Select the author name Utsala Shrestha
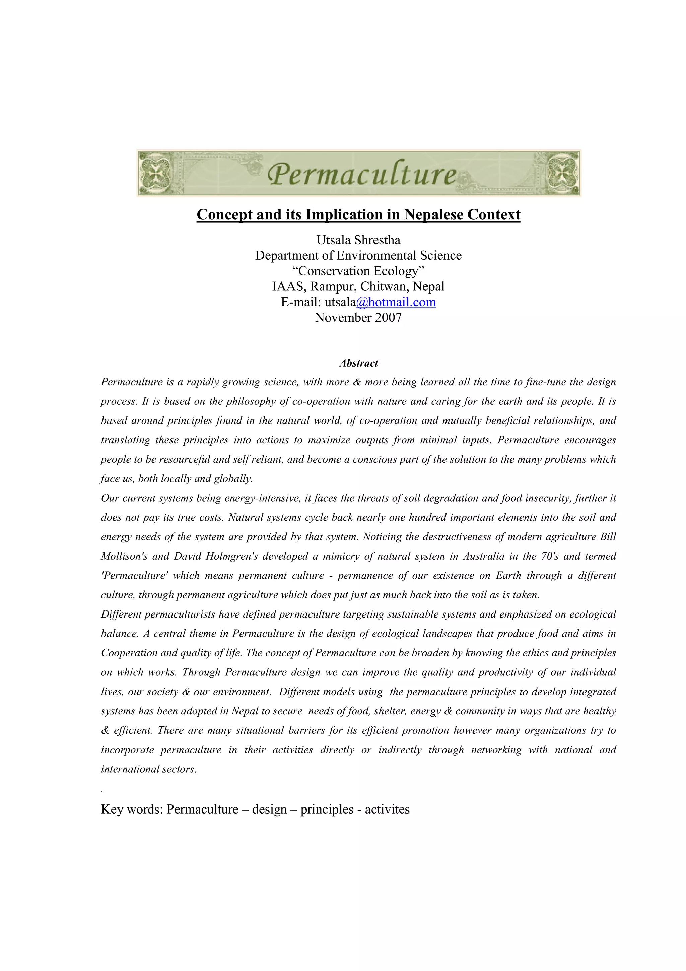tap(358, 240)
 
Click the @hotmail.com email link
tap(396, 302)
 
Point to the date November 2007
tap(358, 318)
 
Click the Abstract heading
tap(358, 363)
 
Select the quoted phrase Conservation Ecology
tap(358, 271)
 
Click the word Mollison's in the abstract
tap(124, 556)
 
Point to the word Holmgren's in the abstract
tap(231, 556)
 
